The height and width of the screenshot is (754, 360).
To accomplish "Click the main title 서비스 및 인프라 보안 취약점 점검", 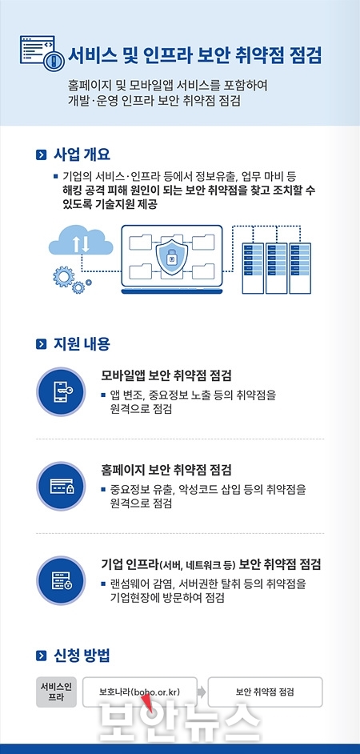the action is (194, 56).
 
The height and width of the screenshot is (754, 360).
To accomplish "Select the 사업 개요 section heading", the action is (82, 154).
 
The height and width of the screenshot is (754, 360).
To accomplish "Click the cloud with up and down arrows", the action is (81, 240).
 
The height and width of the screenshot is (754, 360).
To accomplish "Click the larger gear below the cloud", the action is (63, 277).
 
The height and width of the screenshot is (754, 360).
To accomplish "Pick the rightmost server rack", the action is (299, 268).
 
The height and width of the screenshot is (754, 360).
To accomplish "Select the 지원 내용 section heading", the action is (82, 344).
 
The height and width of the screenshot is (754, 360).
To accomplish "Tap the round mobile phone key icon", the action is (61, 392).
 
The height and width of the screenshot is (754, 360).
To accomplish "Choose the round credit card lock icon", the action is (61, 486).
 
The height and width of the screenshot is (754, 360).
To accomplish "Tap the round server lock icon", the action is (61, 580).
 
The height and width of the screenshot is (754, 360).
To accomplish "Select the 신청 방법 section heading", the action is (82, 655).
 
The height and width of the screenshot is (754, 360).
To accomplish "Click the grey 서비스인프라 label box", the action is (56, 692).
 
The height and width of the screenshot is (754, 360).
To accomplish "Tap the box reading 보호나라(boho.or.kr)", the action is (140, 692).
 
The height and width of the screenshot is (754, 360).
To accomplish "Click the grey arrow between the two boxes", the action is (202, 692).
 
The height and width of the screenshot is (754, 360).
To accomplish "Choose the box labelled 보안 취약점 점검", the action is (265, 692).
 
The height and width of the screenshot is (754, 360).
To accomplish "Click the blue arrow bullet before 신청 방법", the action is (42, 656).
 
